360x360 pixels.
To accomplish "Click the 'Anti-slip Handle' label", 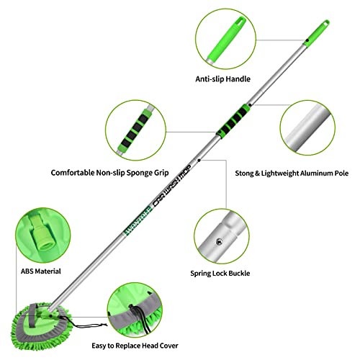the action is [222, 79].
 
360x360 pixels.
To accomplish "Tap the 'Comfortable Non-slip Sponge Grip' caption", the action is [109, 173].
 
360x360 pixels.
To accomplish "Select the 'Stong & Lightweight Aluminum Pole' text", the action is [292, 174].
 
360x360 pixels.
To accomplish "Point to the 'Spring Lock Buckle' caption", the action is [220, 274].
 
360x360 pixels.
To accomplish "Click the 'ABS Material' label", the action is [41, 271].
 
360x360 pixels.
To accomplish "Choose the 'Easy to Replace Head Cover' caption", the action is [135, 346].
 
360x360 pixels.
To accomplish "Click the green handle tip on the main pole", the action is [317, 33].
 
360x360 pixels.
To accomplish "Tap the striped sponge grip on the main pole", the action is [233, 120].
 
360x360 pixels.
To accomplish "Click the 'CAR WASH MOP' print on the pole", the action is [172, 186].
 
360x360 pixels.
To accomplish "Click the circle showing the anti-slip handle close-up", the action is [225, 39].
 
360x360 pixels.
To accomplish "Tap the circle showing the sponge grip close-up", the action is [136, 130].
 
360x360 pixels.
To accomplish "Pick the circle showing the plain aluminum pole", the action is [307, 128].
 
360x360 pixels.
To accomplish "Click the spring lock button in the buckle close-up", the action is [219, 241].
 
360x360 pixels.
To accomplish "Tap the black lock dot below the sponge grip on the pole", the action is [199, 160].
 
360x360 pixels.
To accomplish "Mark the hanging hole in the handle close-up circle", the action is [240, 20].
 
